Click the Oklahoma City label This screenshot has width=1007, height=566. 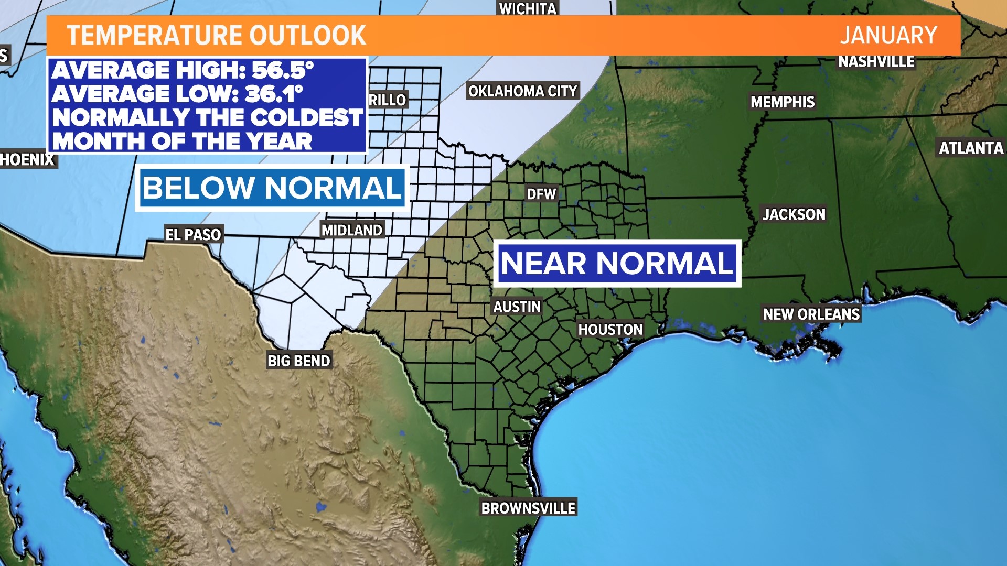(x=522, y=91)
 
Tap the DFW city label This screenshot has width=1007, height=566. (x=541, y=194)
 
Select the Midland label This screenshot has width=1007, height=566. (x=352, y=230)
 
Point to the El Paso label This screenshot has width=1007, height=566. (x=193, y=235)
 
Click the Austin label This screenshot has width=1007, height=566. (x=517, y=307)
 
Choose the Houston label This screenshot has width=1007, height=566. (x=610, y=330)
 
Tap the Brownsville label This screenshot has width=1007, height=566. (x=528, y=508)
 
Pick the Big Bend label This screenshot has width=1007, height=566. (x=298, y=361)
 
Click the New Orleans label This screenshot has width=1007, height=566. (x=811, y=314)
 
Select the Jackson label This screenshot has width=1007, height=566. (x=794, y=214)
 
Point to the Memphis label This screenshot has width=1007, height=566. (x=782, y=102)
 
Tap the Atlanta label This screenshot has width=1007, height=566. (x=971, y=148)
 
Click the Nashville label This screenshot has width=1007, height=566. (x=876, y=62)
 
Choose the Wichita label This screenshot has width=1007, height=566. (x=527, y=8)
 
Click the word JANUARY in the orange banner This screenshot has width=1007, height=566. (x=888, y=36)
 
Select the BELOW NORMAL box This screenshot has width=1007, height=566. (x=272, y=188)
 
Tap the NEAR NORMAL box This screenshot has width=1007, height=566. (x=617, y=263)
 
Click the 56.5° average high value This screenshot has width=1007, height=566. (x=283, y=70)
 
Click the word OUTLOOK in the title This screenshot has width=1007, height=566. (x=307, y=36)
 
